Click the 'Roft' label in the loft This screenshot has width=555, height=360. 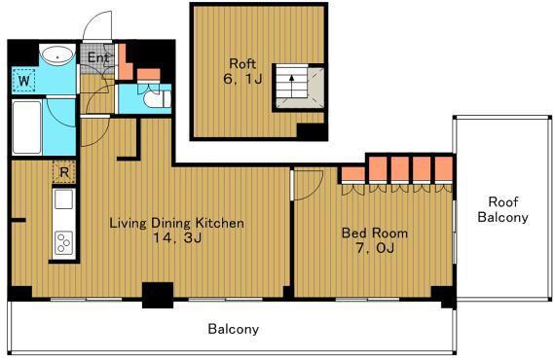point(242,63)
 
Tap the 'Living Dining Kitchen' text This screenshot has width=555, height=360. point(177,223)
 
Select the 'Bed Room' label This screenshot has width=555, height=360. point(375,234)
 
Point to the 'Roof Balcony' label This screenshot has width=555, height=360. point(503,209)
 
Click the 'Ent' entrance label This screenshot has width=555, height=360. point(97,57)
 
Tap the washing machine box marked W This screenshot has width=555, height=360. point(24,81)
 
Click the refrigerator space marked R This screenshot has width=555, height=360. point(64,172)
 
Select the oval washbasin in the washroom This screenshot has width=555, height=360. point(57,55)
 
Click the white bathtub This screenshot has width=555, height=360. point(26,127)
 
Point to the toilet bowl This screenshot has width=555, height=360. point(156,99)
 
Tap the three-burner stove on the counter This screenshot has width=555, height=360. point(64,242)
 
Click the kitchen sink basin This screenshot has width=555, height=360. point(64,198)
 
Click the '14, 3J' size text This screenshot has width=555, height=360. point(177,238)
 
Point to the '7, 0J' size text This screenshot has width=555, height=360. point(375,248)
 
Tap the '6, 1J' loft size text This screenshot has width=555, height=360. point(242,79)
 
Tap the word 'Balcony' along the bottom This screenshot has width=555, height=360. point(234,329)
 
